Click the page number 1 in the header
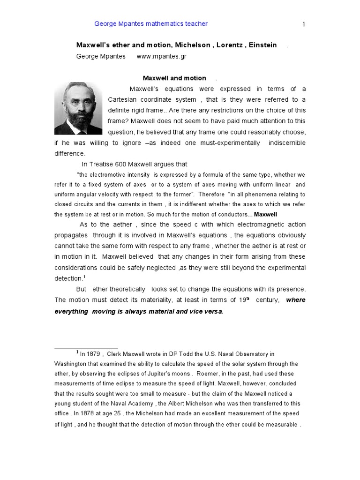pyautogui.click(x=304, y=25)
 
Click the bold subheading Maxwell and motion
pyautogui.click(x=174, y=78)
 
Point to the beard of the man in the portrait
pyautogui.click(x=78, y=120)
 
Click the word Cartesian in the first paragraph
pyautogui.click(x=124, y=99)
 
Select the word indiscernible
pyautogui.click(x=286, y=142)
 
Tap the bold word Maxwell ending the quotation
pyautogui.click(x=265, y=214)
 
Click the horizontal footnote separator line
pyautogui.click(x=86, y=348)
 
